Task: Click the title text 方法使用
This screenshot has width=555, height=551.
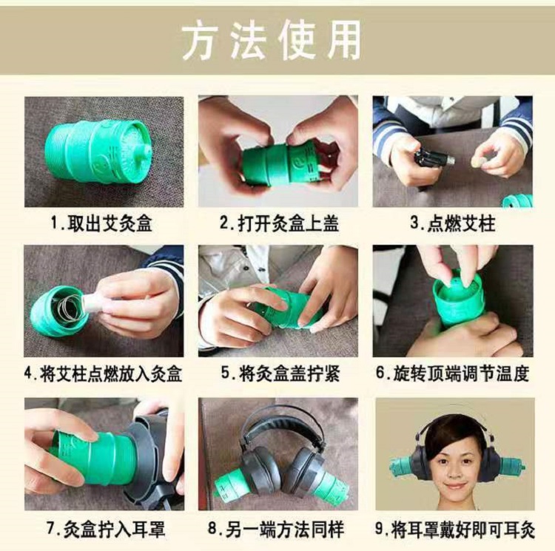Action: tap(272, 40)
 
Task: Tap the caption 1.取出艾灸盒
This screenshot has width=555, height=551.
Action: tap(102, 223)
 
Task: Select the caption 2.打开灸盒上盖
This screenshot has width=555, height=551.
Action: tap(279, 223)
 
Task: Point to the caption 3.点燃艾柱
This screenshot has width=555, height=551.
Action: tap(453, 223)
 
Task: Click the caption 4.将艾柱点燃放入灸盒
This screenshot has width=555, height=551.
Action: tap(104, 374)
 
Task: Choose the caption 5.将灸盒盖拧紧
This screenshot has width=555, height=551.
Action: tap(280, 374)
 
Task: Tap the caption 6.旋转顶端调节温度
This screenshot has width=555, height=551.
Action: tap(453, 373)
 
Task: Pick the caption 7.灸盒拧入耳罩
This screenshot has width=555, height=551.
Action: tap(106, 530)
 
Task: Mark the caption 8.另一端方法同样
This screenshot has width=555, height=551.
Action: tap(276, 530)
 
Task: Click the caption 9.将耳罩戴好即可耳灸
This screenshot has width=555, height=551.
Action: tap(455, 530)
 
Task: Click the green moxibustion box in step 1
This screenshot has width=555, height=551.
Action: tap(98, 151)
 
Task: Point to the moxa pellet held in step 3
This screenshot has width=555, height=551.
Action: tap(475, 162)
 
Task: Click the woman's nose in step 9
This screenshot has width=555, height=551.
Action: tap(455, 470)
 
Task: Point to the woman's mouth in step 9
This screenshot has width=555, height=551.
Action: tap(455, 486)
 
